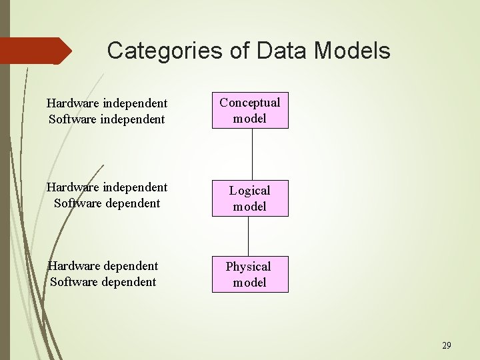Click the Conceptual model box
tap(250, 110)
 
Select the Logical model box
tap(250, 198)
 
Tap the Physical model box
tap(250, 274)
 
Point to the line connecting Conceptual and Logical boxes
tap(252, 154)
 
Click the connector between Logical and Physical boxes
tap(249, 236)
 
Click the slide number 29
tap(446, 345)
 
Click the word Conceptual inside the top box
tap(250, 103)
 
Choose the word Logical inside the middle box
tap(250, 191)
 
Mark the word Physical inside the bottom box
tap(248, 267)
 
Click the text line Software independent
tap(107, 119)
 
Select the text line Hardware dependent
tap(102, 266)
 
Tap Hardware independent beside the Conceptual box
tap(107, 103)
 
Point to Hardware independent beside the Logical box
tap(107, 187)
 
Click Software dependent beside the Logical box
tap(107, 203)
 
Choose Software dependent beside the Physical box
tap(103, 282)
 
